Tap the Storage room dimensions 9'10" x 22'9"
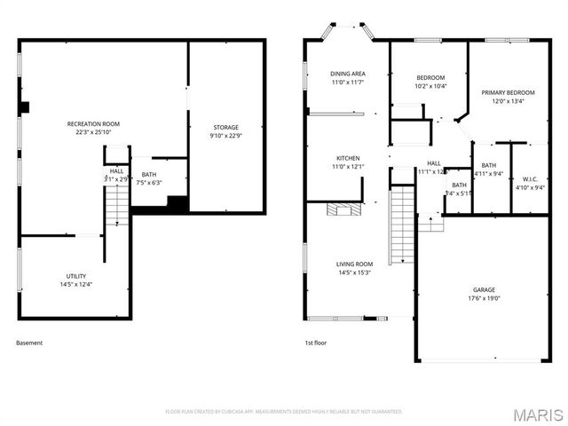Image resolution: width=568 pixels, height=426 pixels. point(225,136)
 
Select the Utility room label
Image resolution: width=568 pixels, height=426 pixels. point(75,276)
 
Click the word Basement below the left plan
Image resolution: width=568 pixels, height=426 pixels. point(29,343)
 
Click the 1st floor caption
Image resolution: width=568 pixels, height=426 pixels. point(315,343)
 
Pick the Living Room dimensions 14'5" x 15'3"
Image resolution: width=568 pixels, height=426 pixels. point(354,272)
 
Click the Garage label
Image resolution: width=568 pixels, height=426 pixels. point(484,289)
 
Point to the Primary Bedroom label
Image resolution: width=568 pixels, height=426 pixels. point(509,92)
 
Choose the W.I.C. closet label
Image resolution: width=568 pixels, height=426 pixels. point(531,178)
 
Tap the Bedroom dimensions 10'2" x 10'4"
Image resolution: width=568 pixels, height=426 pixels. point(430,86)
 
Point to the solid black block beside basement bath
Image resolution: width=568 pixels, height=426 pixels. point(177,203)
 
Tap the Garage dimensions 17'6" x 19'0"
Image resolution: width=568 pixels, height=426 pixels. point(484,298)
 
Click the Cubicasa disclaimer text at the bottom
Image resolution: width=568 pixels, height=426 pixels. point(284,412)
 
